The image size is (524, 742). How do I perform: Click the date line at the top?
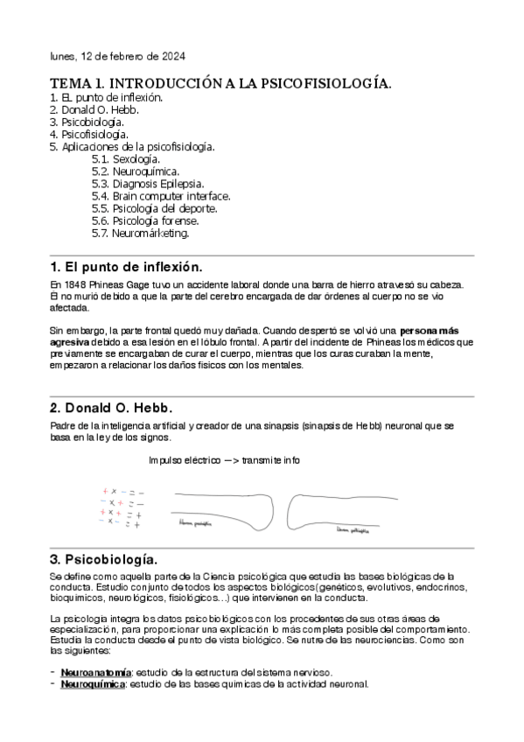click(x=116, y=57)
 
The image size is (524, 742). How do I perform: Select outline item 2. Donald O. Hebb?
click(x=94, y=110)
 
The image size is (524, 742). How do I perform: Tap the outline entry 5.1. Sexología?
click(x=125, y=160)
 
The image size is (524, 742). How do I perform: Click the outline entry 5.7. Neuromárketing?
click(x=140, y=234)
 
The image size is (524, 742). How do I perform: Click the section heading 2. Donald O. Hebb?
click(x=112, y=408)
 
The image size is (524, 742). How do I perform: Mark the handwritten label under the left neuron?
click(x=197, y=524)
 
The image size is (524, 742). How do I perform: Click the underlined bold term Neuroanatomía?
click(x=95, y=671)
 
